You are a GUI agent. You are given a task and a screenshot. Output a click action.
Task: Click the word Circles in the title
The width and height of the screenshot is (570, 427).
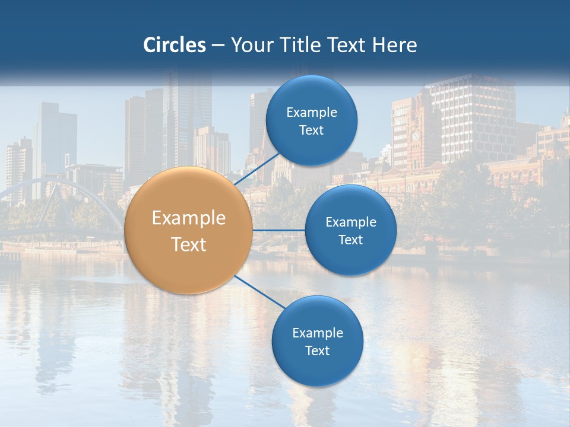click(175, 45)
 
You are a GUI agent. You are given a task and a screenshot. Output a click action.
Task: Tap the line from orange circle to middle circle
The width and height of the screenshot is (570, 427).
click(279, 230)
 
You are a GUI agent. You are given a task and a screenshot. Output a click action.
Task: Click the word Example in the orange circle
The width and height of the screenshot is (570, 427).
click(189, 218)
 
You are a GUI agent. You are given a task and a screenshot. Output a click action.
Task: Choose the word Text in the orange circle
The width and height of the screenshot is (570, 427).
click(189, 244)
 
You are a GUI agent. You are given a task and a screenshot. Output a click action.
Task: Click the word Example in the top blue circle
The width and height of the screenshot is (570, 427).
click(312, 113)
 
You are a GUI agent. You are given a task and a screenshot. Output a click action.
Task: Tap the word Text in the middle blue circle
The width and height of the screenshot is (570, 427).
click(350, 240)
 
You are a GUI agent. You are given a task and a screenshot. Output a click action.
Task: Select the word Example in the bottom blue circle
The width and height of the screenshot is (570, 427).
click(318, 333)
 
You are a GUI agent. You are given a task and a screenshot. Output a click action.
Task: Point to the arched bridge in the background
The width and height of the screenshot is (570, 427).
click(59, 196)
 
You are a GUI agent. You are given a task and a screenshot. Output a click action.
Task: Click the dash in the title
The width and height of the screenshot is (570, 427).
click(218, 45)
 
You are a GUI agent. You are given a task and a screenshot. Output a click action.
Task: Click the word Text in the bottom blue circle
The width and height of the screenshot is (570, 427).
click(317, 350)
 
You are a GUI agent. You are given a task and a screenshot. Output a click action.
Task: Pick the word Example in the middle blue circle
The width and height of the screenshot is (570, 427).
click(351, 222)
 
